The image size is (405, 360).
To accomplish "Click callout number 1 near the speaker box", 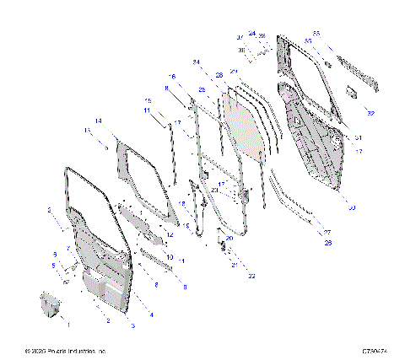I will pos(69,324).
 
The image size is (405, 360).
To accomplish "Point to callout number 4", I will pos(152,314).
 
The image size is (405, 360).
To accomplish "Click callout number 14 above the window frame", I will pos(99,121).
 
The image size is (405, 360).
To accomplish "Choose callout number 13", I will pos(87,131).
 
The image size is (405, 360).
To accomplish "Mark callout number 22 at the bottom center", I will pos(251,275).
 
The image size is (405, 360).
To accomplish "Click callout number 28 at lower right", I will pos(328,243).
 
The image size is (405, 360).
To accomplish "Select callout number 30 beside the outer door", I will pos(352,207).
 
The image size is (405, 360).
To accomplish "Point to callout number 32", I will pos(370,111).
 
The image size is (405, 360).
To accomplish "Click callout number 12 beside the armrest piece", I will pos(170,234).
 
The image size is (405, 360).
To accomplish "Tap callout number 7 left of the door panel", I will pos(69,249).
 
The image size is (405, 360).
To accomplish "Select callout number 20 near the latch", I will pos(229,239).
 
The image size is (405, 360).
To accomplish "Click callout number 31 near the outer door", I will pos(358,137).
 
